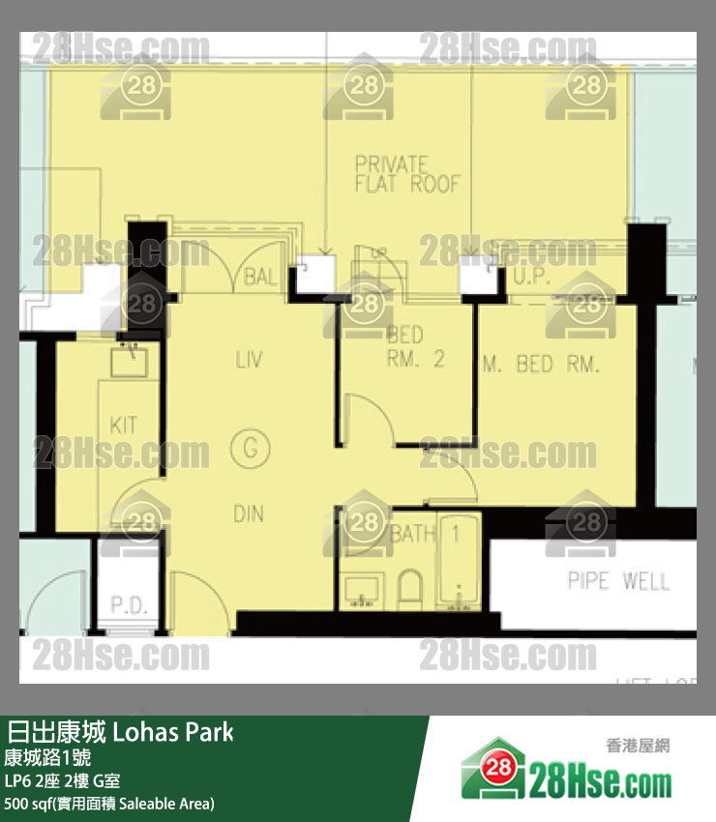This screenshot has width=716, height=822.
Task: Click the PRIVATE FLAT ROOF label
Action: click(x=405, y=174)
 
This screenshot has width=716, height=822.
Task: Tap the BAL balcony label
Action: click(x=260, y=278)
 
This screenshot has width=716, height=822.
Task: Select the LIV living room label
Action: click(x=249, y=361)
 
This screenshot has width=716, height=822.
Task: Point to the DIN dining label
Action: click(x=249, y=514)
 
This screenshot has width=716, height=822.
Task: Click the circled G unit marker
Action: click(x=250, y=449)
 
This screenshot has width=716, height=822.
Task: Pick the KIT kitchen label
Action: click(x=124, y=425)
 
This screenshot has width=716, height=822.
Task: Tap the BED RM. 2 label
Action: click(x=414, y=348)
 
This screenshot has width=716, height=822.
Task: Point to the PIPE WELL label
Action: click(x=618, y=581)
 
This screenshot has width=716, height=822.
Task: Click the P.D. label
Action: click(x=128, y=605)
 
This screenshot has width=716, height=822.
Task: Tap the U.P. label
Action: click(x=531, y=278)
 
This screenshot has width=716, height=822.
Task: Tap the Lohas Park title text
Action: click(x=121, y=732)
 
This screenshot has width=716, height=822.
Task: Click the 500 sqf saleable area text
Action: click(x=108, y=804)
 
